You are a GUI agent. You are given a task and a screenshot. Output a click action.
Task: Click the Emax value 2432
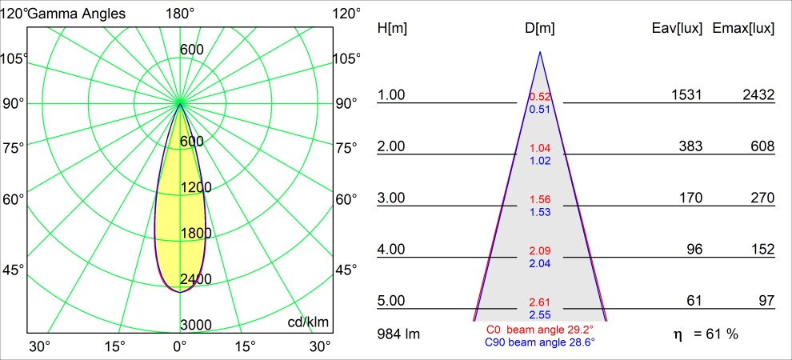coord(758,95)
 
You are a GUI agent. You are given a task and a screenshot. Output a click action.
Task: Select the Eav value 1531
coord(686,95)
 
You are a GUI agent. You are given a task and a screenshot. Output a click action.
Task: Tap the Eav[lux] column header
coord(677,29)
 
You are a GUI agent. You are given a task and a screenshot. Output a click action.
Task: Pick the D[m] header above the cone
coord(540,29)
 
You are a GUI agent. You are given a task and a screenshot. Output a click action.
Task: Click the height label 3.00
coord(392,198)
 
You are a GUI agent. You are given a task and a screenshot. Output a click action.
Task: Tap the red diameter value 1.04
coord(540,149)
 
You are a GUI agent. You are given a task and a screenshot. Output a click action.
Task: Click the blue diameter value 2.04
coord(540,263)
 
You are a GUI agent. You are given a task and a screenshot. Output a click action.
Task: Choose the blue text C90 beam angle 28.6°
coord(540,342)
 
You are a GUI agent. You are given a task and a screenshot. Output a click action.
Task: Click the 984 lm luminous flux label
coord(398,333)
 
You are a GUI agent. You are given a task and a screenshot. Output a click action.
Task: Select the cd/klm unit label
coord(308,322)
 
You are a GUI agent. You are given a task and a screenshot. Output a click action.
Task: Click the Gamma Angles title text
coord(77,13)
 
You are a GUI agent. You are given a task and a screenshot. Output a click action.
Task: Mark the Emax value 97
coord(766,301)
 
